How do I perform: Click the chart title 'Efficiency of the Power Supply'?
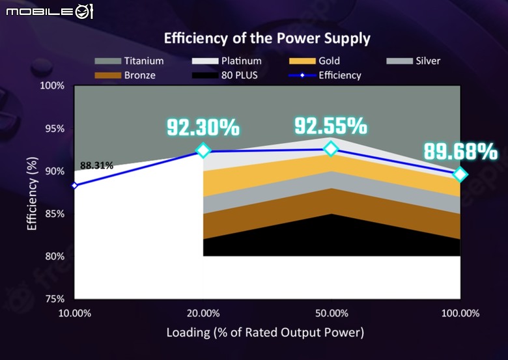267,39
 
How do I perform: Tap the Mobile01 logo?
49,12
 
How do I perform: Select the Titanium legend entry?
129,61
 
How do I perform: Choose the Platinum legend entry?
227,61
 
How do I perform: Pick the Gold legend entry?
315,61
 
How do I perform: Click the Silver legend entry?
413,61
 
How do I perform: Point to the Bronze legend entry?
125,76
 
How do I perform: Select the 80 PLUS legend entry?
225,76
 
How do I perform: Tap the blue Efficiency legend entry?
324,76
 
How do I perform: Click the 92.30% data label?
203,127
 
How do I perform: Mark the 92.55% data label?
331,126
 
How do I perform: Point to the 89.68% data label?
460,151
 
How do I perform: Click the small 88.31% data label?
96,165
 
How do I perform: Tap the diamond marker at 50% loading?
331,148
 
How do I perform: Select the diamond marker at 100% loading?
460,174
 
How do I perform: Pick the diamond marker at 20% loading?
203,150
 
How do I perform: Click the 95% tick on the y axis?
55,129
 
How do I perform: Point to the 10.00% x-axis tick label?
75,313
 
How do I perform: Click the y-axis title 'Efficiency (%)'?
32,193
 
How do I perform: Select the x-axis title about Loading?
265,333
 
